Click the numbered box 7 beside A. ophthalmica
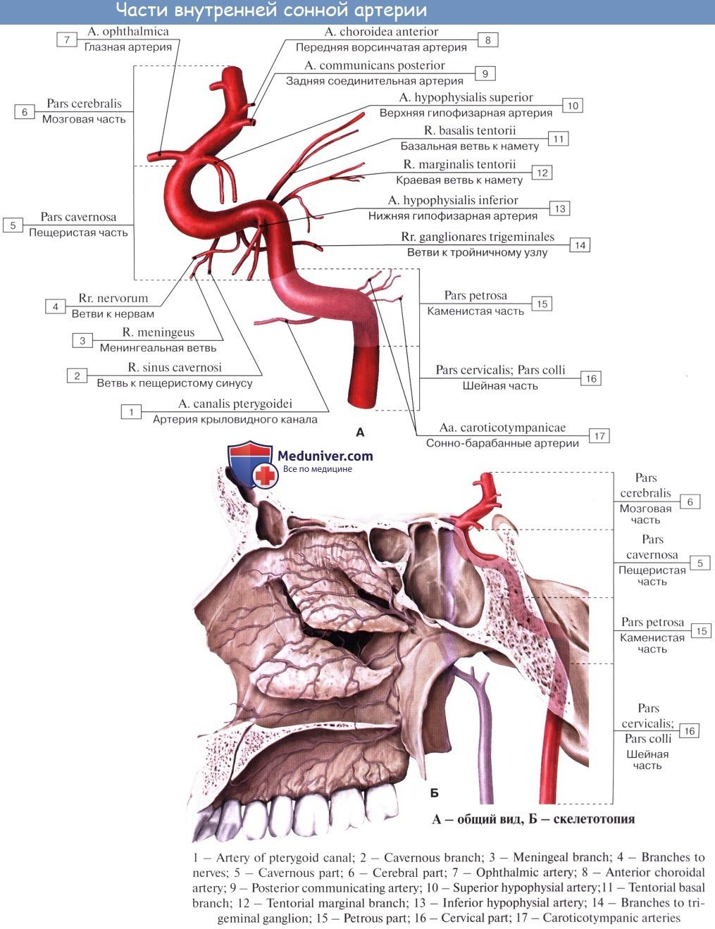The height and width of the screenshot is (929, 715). (x=67, y=39)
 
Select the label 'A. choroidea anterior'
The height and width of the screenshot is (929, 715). (x=381, y=32)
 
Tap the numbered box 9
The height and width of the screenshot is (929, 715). (x=485, y=73)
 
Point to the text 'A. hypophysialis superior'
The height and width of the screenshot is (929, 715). (x=466, y=97)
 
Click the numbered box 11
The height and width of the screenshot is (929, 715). (x=558, y=139)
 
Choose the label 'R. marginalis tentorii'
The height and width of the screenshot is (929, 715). (x=459, y=164)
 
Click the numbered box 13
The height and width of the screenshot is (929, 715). (x=559, y=208)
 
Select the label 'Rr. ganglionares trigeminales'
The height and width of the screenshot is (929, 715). (x=478, y=237)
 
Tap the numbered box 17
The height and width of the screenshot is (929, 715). (x=599, y=436)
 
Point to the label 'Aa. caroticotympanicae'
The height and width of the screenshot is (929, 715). (x=502, y=428)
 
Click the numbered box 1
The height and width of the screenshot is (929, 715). (x=131, y=411)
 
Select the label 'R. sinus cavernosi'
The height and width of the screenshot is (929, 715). (x=175, y=367)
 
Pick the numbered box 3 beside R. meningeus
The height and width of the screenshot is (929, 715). (x=82, y=340)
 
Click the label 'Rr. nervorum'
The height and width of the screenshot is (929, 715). (x=113, y=298)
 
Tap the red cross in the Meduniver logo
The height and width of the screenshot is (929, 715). (x=265, y=476)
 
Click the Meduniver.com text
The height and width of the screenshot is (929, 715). (x=325, y=456)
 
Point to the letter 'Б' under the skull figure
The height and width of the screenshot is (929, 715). (x=434, y=793)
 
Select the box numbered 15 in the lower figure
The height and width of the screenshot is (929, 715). (x=701, y=630)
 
